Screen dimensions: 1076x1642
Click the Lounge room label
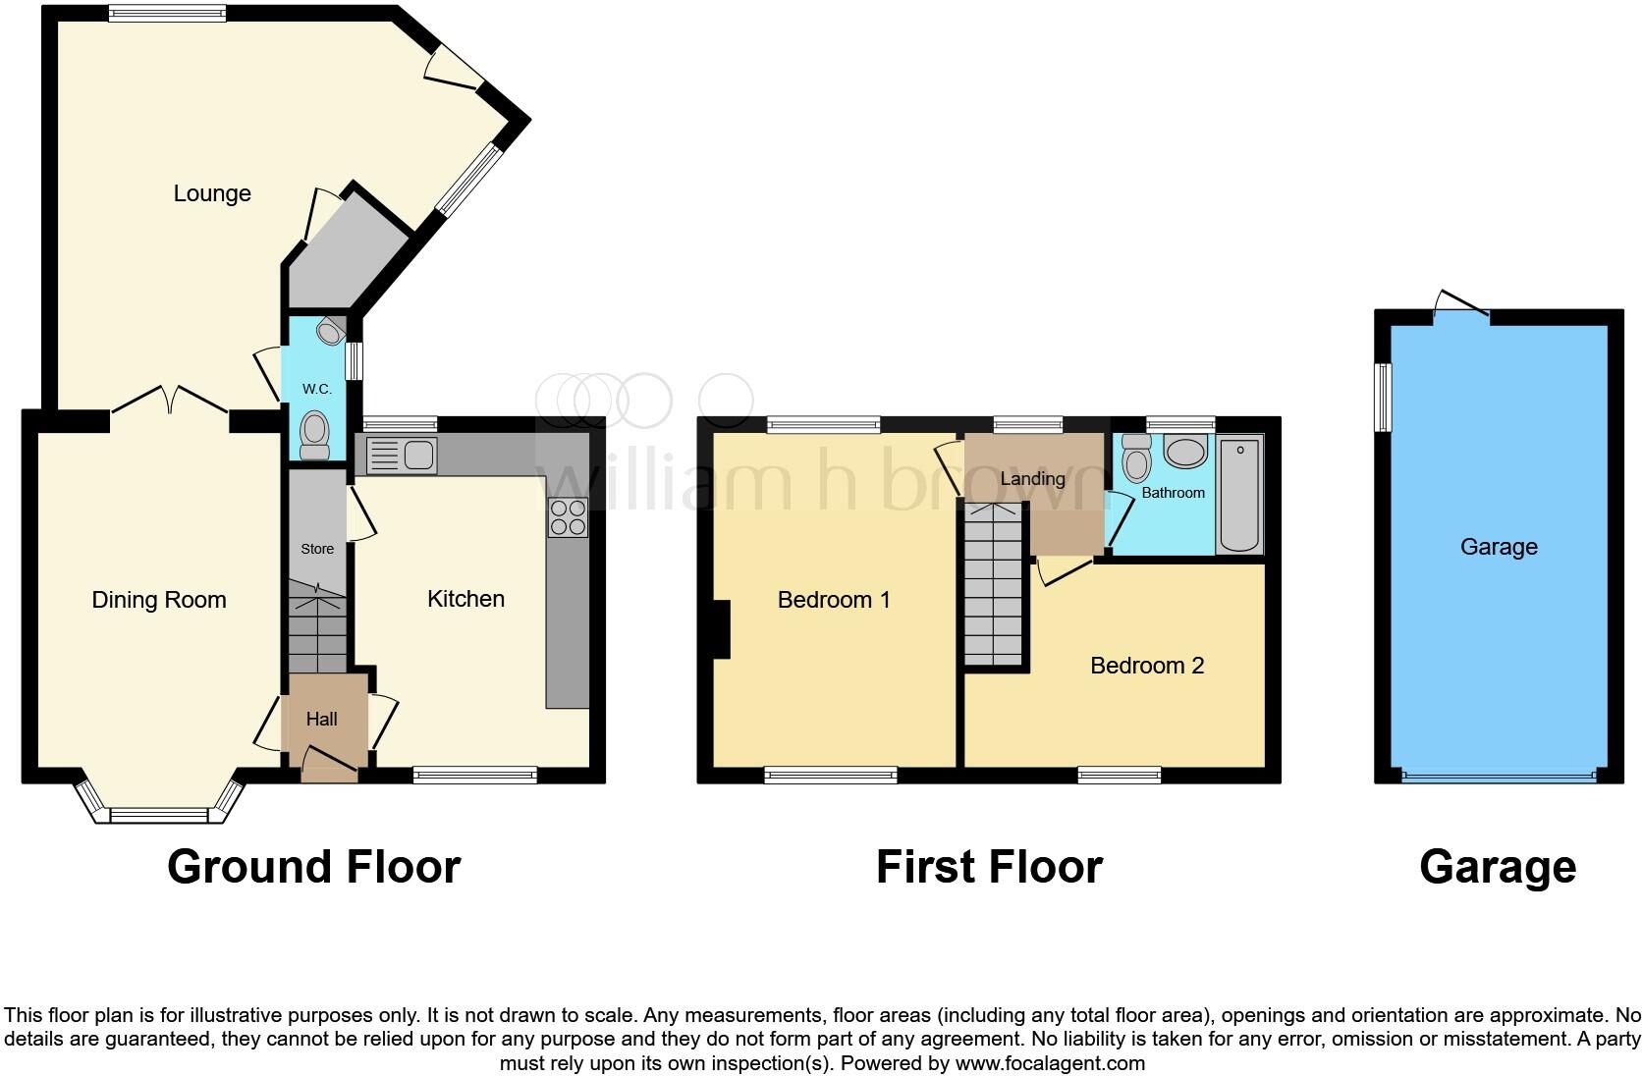pos(212,193)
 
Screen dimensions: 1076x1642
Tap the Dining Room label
pos(159,600)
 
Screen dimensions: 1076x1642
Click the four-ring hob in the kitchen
pos(569,517)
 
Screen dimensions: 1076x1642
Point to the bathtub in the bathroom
pos(1239,496)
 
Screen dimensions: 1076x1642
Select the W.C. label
pos(316,389)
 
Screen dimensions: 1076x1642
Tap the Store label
pos(317,549)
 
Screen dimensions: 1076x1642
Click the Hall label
pos(321,720)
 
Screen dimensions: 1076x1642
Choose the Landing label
pos(1032,479)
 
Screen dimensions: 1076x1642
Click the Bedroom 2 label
pos(1147,666)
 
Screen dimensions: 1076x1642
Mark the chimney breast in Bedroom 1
pos(721,628)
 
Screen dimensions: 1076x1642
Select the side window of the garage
pos(1383,397)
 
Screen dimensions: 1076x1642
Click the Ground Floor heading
pos(313,867)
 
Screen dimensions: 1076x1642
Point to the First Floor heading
pos(989,867)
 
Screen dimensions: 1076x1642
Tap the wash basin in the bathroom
pos(1186,453)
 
